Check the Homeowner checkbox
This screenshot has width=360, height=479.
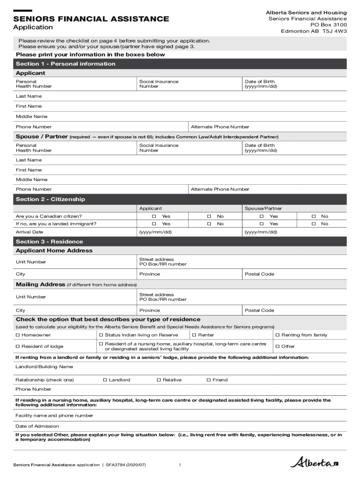click(18, 335)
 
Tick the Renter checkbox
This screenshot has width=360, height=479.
click(194, 335)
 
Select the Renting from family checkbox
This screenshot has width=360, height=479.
click(277, 335)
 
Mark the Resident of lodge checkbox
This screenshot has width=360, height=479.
click(18, 346)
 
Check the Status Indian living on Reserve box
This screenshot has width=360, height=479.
click(101, 335)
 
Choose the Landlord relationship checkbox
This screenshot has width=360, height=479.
click(105, 380)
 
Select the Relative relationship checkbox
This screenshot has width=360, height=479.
click(158, 380)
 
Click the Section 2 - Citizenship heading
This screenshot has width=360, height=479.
click(50, 199)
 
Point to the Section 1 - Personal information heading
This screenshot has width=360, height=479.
click(65, 64)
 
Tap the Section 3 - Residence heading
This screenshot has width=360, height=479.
click(49, 241)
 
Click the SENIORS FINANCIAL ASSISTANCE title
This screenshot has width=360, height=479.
click(91, 19)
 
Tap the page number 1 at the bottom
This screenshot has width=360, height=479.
click(180, 464)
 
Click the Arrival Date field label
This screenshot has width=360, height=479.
click(29, 232)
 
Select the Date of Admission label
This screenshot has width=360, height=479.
click(37, 426)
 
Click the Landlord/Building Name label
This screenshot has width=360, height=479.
click(44, 367)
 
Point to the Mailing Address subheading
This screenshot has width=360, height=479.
click(40, 284)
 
